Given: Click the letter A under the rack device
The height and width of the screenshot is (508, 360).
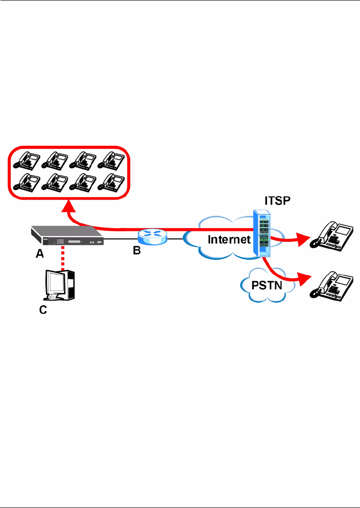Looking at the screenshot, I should click(39, 255).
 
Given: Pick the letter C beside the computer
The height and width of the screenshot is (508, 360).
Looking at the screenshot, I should click(43, 311).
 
